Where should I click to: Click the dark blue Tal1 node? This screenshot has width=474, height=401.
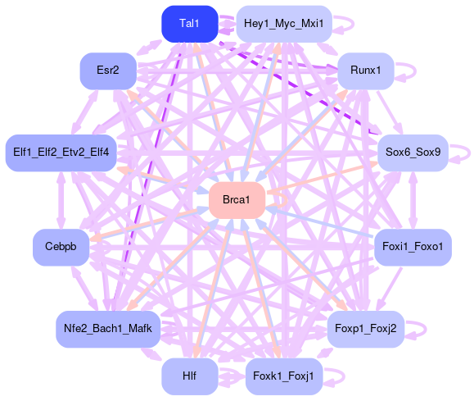(x=190, y=24)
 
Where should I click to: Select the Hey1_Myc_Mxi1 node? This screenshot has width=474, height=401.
(x=284, y=24)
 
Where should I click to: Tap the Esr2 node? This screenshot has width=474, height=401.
(x=108, y=71)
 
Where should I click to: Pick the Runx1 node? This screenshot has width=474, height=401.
(x=365, y=71)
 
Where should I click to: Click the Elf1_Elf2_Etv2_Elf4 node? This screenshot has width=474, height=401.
(x=61, y=153)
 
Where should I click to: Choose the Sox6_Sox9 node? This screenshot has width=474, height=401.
(x=413, y=153)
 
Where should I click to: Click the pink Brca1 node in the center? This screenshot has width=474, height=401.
(x=237, y=200)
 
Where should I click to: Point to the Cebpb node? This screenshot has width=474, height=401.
(x=61, y=248)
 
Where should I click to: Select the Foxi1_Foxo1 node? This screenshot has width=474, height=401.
(x=413, y=248)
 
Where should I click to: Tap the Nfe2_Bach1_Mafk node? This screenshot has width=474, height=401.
(x=108, y=329)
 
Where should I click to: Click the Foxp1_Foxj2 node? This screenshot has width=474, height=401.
(x=365, y=329)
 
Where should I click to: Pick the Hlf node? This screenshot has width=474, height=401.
(x=190, y=376)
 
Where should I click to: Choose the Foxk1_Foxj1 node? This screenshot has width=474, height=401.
(x=284, y=376)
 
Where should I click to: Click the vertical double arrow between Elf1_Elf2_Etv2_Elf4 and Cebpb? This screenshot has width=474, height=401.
(x=61, y=200)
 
